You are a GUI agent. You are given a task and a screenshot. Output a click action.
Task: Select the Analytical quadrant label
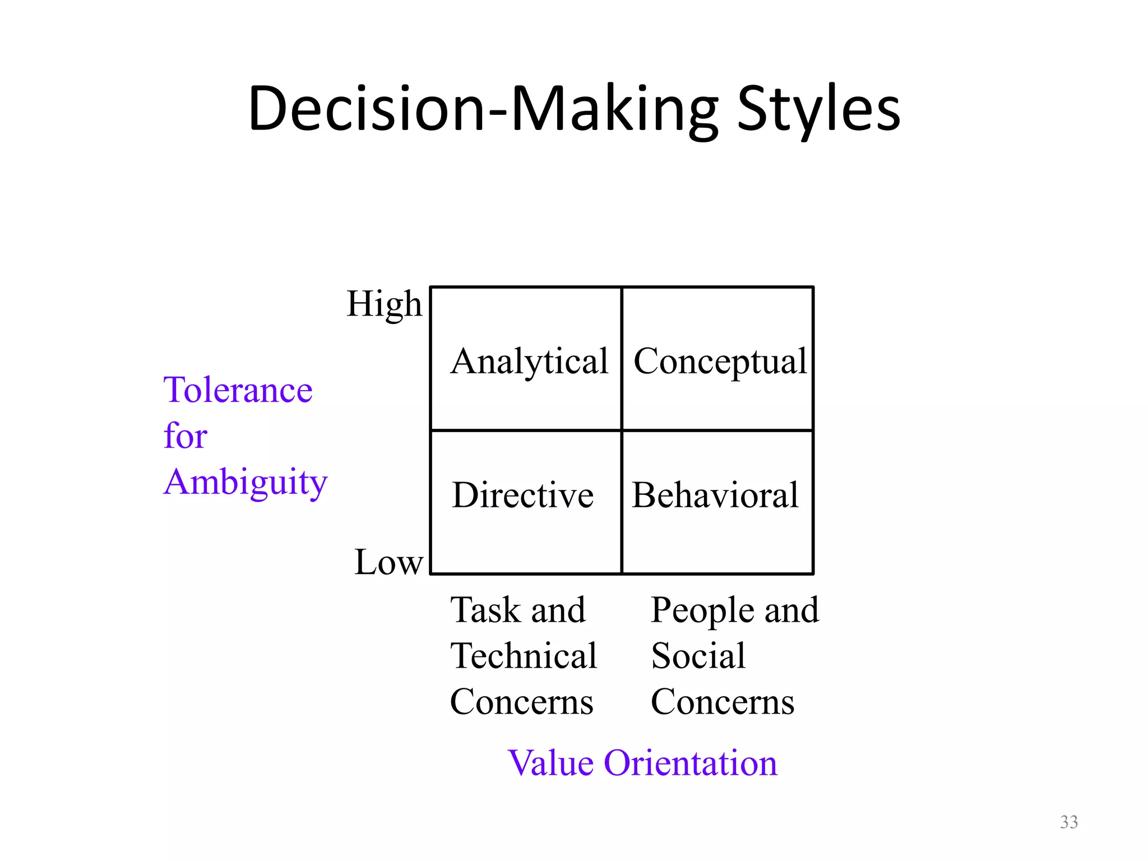pos(529,362)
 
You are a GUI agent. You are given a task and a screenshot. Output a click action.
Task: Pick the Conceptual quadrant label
pos(720,362)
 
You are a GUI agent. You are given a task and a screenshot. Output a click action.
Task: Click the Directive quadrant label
pos(522,496)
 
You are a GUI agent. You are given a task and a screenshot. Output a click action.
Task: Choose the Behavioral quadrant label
pos(715,496)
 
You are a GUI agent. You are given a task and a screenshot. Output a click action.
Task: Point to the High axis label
pos(384,304)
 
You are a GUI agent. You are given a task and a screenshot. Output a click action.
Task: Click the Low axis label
pos(388,562)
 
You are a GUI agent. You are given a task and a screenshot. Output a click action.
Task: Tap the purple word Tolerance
pos(238,390)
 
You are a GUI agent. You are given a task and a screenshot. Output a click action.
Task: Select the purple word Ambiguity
pos(246,482)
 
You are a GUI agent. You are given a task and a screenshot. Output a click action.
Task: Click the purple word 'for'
pos(185,436)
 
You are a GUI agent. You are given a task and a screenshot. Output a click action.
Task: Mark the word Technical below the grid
pos(524,656)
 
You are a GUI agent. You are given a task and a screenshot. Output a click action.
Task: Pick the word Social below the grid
pos(698,656)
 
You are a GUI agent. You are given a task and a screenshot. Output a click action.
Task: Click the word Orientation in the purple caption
pos(691,763)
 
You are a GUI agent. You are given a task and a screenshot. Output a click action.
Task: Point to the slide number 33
pos(1069,822)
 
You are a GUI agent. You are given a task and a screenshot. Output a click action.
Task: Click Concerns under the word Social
pos(723,702)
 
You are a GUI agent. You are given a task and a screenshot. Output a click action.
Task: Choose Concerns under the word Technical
pos(521,702)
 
